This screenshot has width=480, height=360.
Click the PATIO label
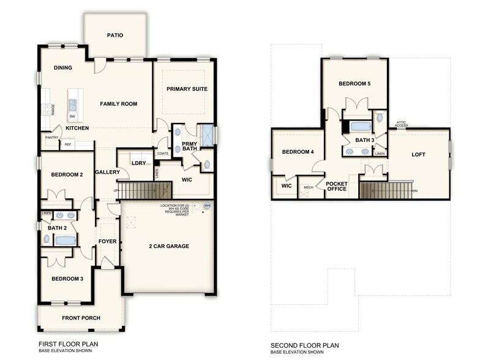tap(115, 36)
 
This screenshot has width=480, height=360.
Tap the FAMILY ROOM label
tap(119, 104)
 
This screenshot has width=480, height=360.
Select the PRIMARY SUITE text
tap(187, 89)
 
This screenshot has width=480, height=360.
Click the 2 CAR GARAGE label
tap(168, 246)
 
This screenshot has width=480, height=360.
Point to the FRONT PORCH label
tap(81, 318)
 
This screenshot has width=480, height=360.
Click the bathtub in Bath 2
tap(64, 240)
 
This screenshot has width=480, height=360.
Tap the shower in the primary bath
tap(208, 135)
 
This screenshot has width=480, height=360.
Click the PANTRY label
tap(51, 138)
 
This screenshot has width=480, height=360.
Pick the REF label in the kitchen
tap(68, 145)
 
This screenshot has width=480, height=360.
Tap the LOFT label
tap(418, 154)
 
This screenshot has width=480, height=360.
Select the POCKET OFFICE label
tap(337, 186)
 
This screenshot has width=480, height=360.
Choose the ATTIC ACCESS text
tap(401, 124)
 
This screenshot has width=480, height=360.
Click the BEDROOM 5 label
tap(354, 83)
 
